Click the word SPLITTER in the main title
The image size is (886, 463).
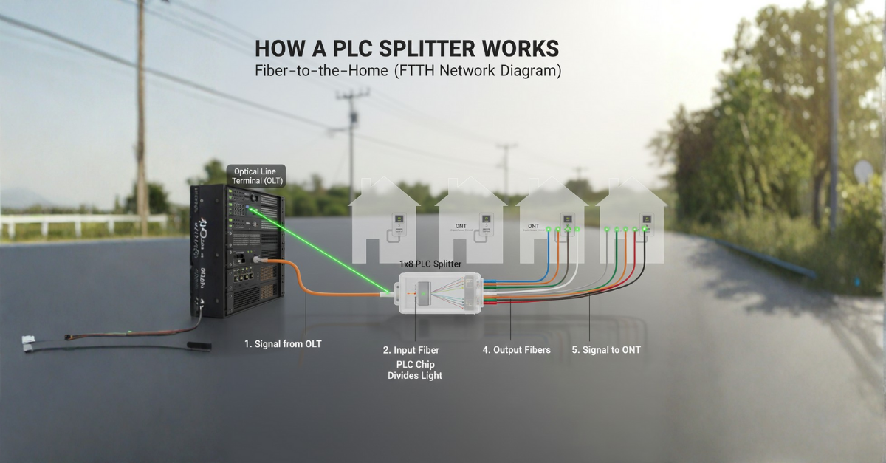(436, 49)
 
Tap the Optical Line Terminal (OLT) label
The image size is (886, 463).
(255, 175)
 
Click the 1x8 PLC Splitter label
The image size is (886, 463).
(431, 264)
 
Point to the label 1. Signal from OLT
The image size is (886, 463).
(283, 343)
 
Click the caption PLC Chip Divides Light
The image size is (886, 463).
(415, 370)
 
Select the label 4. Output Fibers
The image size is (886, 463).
(516, 350)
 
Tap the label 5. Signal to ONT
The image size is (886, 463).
(606, 350)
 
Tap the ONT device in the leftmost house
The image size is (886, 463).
(396, 221)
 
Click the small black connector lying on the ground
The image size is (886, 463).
(197, 345)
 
